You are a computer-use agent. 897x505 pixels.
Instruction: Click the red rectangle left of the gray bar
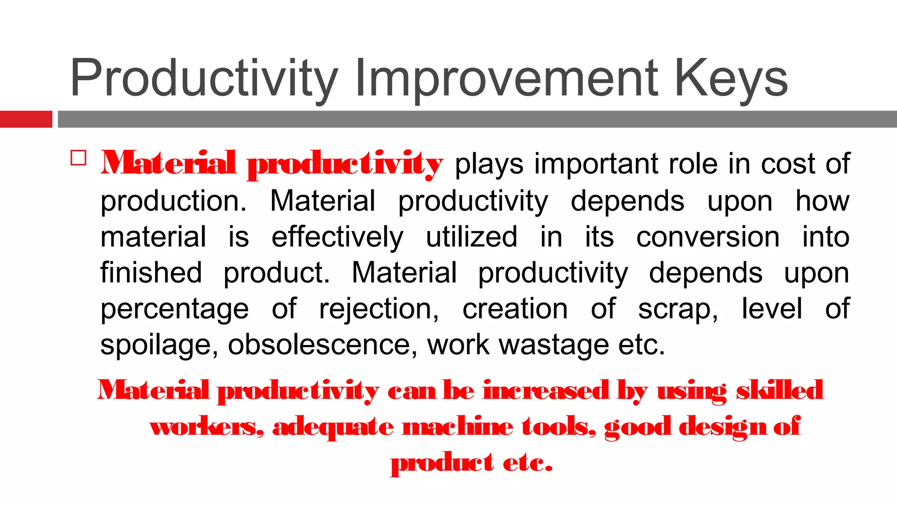coord(26,119)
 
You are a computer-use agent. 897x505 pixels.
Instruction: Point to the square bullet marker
coord(78,158)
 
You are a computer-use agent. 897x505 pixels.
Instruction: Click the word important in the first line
coord(596,164)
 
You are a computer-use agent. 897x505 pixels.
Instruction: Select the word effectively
coord(337,237)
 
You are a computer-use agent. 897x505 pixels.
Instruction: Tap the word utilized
coord(471,237)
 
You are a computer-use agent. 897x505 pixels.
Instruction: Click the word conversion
coord(708,237)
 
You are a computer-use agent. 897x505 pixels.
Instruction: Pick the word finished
coord(151,273)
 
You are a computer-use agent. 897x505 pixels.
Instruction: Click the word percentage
coord(175,309)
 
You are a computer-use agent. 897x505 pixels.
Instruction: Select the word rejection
coord(379,309)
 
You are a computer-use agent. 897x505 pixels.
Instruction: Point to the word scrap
coord(678,309)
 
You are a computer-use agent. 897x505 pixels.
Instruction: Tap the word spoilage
coord(159,345)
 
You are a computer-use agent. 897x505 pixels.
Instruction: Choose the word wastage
coord(554,345)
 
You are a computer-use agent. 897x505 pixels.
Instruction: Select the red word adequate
coord(333,427)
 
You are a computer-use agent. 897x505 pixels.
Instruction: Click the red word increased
coord(546,390)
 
